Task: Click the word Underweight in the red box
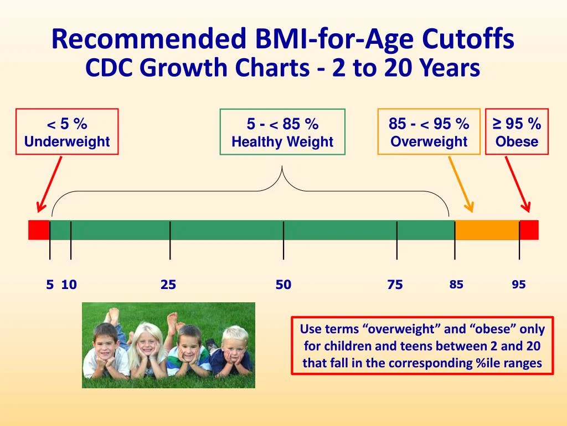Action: tap(67, 141)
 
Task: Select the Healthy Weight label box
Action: tap(282, 132)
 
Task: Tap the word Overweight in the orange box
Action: tap(429, 141)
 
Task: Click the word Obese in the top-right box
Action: tap(517, 141)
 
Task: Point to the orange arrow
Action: tap(461, 184)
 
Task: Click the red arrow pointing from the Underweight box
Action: tap(49, 184)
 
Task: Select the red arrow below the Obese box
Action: tap(518, 184)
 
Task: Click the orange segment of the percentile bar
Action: tap(487, 230)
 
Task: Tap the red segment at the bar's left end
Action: tap(39, 230)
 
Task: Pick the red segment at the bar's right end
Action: tap(529, 230)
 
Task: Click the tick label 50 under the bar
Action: tap(283, 285)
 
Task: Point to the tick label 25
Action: tap(168, 285)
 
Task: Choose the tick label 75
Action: tap(395, 285)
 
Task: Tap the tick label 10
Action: tap(69, 285)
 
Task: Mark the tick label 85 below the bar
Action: tap(456, 285)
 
